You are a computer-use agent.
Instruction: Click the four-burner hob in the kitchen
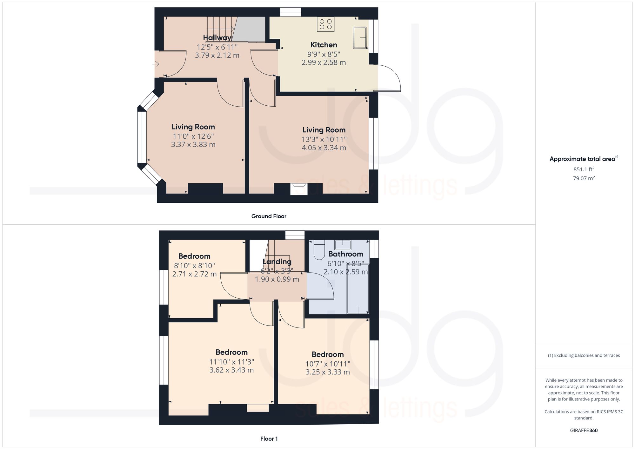coord(325,24)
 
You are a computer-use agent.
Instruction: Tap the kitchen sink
coord(360,37)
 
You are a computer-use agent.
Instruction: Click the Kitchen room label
coord(324,45)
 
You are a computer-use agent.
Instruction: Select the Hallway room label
coord(217,38)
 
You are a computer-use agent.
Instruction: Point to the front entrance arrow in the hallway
coord(156,64)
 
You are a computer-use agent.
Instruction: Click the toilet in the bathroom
coord(319,250)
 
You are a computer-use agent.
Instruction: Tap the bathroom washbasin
coord(342,245)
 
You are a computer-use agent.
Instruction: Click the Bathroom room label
coord(345,254)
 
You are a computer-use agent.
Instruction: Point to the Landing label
coord(277,261)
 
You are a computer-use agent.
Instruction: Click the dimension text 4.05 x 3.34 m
coord(324,148)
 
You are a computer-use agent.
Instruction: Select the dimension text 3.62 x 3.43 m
coord(231,370)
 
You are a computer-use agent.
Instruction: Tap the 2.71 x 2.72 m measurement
coord(194,274)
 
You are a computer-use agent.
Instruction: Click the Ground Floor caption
coord(269,216)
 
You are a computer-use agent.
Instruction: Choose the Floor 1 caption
coord(269,439)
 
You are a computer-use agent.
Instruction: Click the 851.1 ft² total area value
coord(584,169)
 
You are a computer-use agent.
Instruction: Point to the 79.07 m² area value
coord(584,178)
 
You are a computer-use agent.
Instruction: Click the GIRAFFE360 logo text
coord(584,430)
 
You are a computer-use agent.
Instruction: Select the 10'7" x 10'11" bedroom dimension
coord(328,364)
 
